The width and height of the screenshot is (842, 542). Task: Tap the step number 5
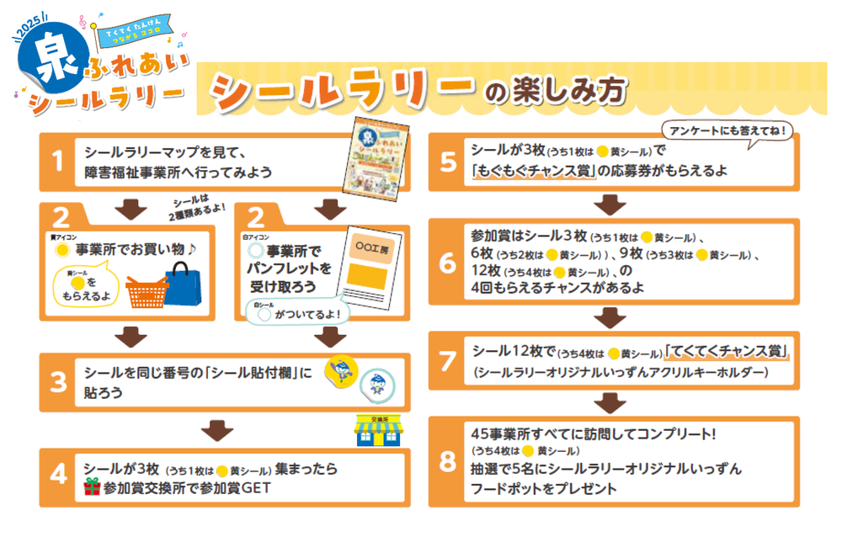tap(447, 161)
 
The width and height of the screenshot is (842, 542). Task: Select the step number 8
tap(447, 461)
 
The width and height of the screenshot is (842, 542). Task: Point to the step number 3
tap(57, 381)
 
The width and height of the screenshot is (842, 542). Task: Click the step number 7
tap(447, 359)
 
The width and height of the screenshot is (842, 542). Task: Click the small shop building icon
tap(376, 431)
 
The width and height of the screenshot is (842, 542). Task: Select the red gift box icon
tap(92, 487)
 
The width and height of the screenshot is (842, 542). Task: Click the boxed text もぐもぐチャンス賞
tap(534, 171)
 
